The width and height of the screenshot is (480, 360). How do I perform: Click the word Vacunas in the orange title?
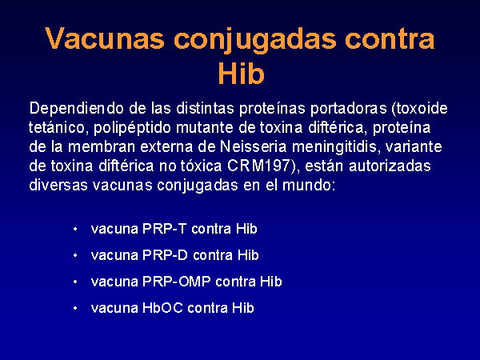pos(105,38)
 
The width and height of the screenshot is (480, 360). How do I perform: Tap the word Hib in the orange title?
pos(241,74)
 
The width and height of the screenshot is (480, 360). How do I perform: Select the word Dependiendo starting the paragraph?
pos(76,109)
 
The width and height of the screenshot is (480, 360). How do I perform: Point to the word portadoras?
pos(348,109)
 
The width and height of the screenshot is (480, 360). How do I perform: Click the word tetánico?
pos(56,128)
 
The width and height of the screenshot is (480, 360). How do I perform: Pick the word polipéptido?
pos(132,129)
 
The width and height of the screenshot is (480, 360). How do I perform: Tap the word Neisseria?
pos(253,147)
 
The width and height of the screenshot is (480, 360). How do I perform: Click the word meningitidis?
pos(335,148)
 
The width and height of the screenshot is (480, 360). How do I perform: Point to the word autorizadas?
pos(390,166)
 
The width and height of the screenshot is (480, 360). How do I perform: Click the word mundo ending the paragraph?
pos(306,186)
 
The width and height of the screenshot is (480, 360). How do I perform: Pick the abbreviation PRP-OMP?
pos(177,282)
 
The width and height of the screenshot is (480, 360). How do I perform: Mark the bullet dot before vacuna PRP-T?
pos(75,229)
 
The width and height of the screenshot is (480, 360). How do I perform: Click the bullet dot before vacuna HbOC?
pos(75,308)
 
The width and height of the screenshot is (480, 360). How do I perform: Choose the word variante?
pos(414,147)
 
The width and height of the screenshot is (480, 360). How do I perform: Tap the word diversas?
pos(58,186)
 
